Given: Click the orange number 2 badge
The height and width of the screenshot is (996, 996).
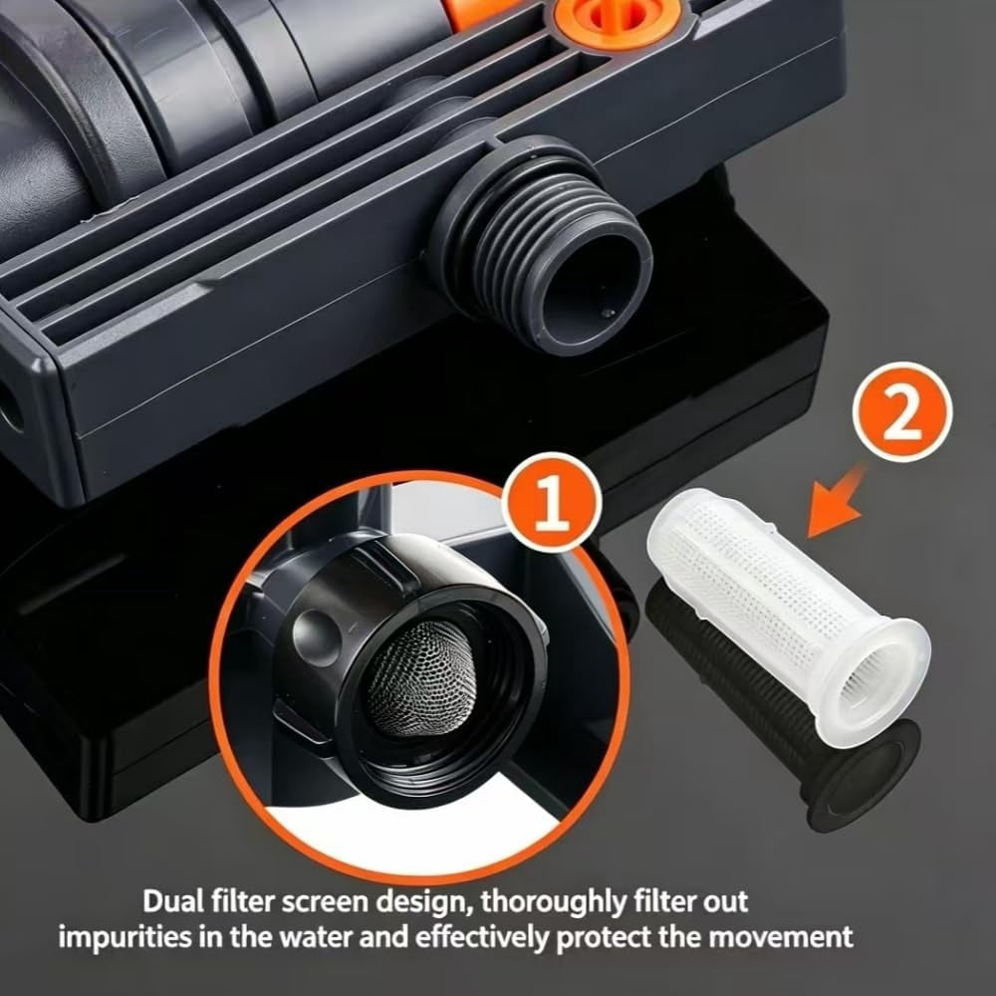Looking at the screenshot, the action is click(x=902, y=411).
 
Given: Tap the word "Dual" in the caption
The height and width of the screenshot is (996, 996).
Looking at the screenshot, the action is click(x=170, y=901).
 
